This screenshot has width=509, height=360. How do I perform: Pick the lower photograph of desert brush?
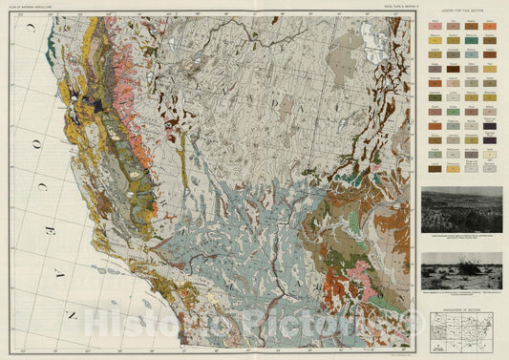click(461, 269)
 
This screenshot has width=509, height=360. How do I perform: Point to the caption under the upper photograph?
click(461, 233)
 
